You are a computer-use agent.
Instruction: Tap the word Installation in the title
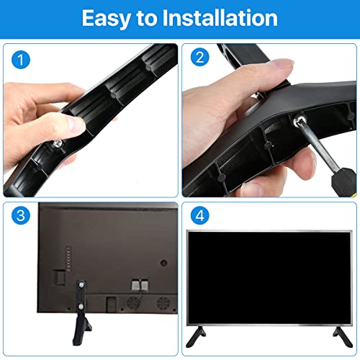(x=220, y=18)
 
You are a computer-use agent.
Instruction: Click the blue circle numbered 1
(x=21, y=60)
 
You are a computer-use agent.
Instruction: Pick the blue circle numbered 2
(x=200, y=57)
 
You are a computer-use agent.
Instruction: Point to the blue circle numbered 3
(x=21, y=215)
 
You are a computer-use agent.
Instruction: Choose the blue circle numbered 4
(x=200, y=215)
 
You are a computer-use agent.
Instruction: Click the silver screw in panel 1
(x=58, y=144)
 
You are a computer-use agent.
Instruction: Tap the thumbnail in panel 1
(x=76, y=125)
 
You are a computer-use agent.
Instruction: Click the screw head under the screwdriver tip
(x=298, y=120)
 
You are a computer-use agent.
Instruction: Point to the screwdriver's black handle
(x=343, y=182)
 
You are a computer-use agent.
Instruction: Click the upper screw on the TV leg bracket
(x=82, y=285)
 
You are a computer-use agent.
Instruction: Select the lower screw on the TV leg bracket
(x=81, y=306)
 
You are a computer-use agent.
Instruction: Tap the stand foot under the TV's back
(x=81, y=330)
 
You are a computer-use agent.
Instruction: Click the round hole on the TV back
(x=163, y=263)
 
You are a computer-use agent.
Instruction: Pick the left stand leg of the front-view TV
(x=196, y=336)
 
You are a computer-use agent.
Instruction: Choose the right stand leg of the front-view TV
(x=343, y=337)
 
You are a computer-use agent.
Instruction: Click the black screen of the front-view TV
(x=269, y=278)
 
